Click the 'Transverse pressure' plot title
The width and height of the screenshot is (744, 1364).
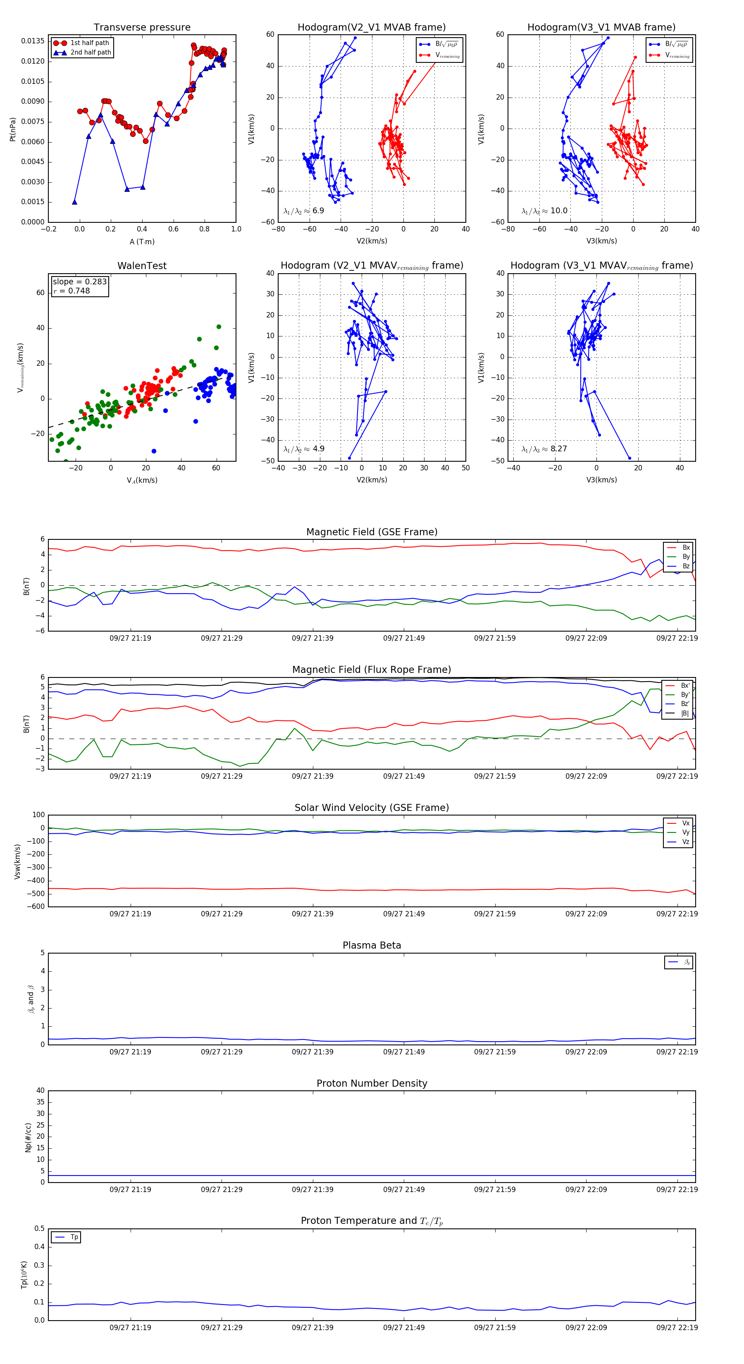point(142,28)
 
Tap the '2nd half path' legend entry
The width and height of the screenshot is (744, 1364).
point(91,52)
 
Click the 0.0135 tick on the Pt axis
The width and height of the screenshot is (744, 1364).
point(33,41)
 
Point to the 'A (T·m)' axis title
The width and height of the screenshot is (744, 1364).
point(142,242)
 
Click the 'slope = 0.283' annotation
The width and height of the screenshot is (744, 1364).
point(79,282)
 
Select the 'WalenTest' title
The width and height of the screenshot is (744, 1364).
point(142,266)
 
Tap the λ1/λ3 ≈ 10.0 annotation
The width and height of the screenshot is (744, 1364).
point(544,211)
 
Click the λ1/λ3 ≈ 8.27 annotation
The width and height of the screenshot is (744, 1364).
point(544,449)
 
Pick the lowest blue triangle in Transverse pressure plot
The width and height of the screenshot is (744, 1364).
point(75,202)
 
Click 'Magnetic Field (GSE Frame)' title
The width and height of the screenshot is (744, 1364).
point(372,532)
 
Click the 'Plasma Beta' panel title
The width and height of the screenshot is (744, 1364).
point(372,945)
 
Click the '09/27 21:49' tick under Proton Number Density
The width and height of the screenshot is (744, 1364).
point(403,1189)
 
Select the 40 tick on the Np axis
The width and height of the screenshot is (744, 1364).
point(40,1090)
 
